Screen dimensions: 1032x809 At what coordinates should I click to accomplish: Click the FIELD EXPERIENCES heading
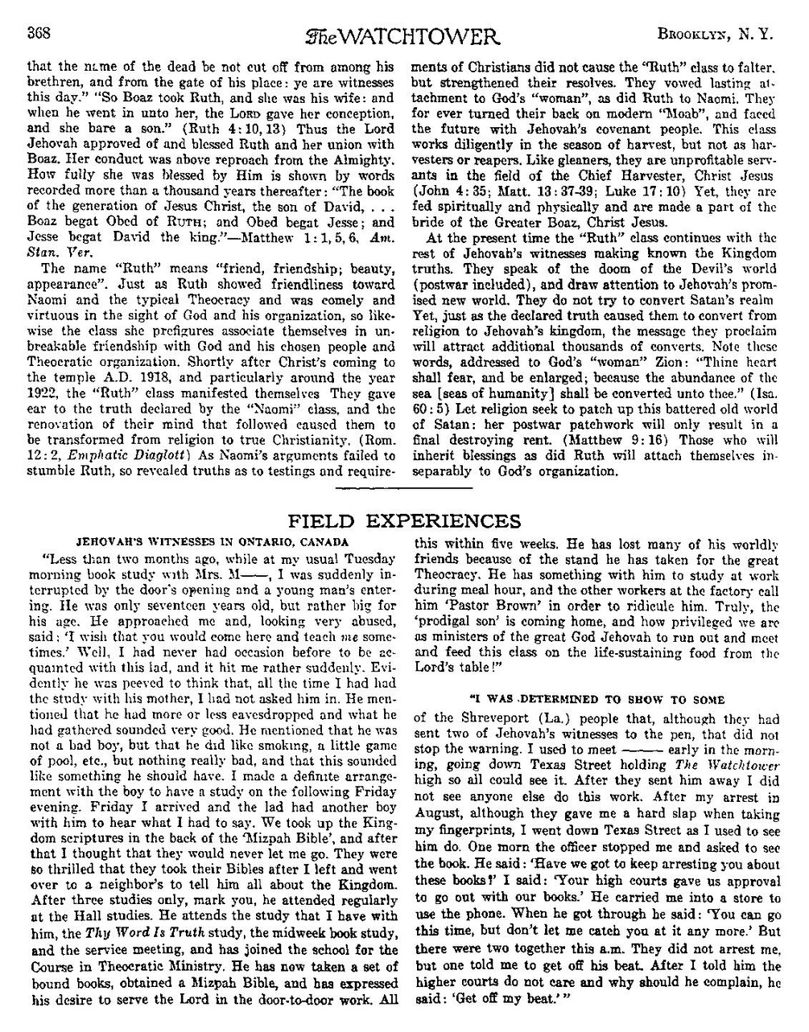coord(404,521)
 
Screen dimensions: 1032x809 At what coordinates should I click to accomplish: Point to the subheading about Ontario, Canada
coord(213,542)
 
